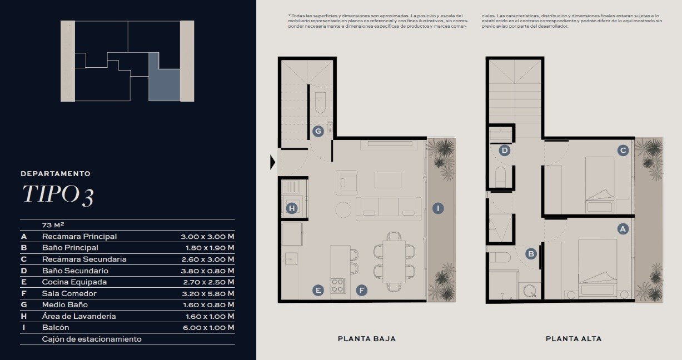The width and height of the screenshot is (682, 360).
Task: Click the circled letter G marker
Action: pos(318,132)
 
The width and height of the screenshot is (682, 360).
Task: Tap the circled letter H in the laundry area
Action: pos(292,208)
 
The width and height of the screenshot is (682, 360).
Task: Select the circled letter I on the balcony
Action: pos(438,208)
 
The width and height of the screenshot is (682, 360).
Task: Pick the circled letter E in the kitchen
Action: pos(318,291)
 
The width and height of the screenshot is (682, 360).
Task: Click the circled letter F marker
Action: pos(362,291)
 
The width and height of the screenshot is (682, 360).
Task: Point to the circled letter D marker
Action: pos(505,151)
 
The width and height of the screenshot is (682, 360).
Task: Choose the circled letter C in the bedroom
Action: pos(623,151)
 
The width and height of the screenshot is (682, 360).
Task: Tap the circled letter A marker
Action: pos(623,229)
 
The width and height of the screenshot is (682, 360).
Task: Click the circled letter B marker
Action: pos(531,254)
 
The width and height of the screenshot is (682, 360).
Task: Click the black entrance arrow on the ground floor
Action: pos(272,162)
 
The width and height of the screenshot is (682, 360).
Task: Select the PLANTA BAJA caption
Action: pos(367,339)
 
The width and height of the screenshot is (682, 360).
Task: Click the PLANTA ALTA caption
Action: pos(574,339)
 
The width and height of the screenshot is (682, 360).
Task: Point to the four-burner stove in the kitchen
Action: pos(337,286)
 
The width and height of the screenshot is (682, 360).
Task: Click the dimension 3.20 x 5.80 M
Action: pos(208,294)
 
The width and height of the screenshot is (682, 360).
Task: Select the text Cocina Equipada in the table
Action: pos(74,282)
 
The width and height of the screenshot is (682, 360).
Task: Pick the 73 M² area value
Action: pos(53,225)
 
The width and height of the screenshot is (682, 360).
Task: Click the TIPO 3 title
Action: pos(58,195)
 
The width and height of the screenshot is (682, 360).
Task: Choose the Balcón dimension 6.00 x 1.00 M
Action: pos(208,328)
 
